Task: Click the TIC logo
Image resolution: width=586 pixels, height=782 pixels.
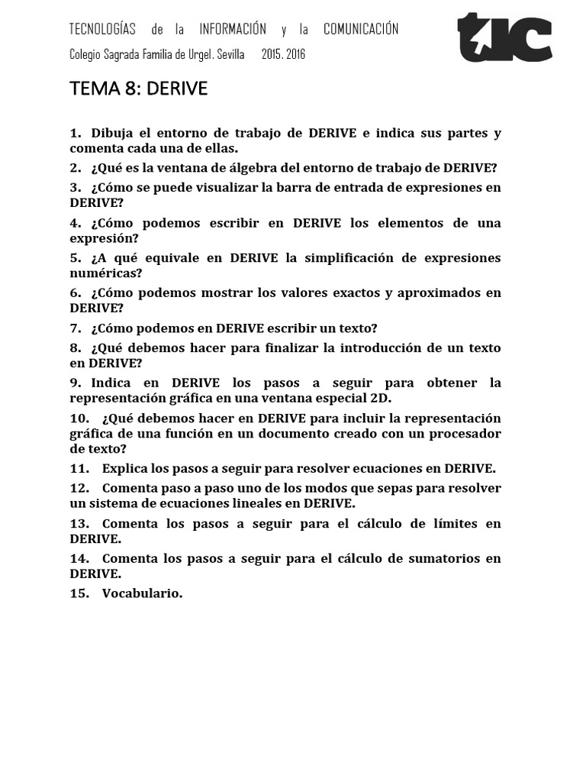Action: tap(504, 38)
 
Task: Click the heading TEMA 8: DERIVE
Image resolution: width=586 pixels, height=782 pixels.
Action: tap(138, 89)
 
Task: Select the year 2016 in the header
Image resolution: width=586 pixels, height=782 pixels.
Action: tap(295, 54)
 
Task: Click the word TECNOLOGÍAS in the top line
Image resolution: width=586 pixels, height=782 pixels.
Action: tap(102, 30)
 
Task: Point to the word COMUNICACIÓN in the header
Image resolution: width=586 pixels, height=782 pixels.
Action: tap(361, 30)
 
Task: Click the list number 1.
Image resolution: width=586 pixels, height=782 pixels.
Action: tap(74, 133)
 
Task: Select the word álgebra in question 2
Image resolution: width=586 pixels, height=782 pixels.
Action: tap(232, 168)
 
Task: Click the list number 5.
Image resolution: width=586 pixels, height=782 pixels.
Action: tap(74, 257)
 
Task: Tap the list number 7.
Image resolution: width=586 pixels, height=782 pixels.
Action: tap(74, 328)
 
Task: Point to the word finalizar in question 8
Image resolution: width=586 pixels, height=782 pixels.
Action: tap(291, 347)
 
